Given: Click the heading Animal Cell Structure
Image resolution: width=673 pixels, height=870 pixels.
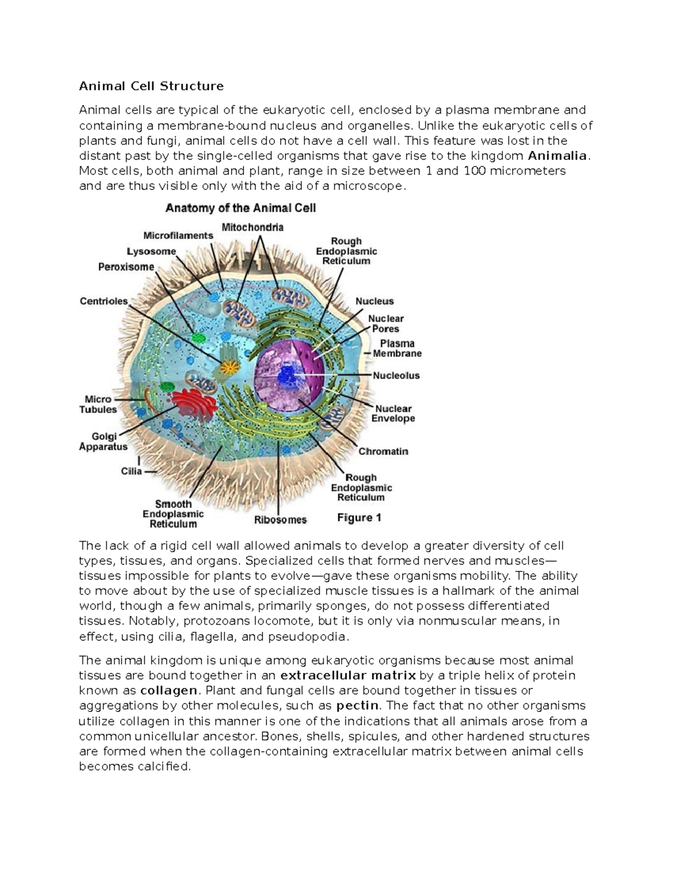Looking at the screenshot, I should pyautogui.click(x=151, y=86).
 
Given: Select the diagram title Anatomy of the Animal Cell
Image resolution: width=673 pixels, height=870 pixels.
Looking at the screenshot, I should pyautogui.click(x=240, y=208).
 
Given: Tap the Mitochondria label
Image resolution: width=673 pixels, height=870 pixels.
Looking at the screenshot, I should pyautogui.click(x=252, y=227).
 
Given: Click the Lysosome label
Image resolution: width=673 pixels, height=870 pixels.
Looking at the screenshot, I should pyautogui.click(x=151, y=252).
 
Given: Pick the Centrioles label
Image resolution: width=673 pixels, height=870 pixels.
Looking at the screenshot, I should pyautogui.click(x=104, y=301).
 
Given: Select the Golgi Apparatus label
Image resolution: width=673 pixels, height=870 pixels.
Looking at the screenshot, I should pyautogui.click(x=103, y=441).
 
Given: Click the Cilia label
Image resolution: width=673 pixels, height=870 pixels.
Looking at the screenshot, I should pyautogui.click(x=131, y=472).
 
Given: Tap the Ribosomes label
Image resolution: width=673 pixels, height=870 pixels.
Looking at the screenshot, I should pyautogui.click(x=280, y=520).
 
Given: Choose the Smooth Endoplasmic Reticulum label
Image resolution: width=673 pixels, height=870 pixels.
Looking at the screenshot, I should pyautogui.click(x=173, y=514).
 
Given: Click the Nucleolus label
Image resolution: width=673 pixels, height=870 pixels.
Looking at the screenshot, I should pyautogui.click(x=396, y=375).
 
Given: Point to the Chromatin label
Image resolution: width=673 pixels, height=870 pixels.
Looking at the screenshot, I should pyautogui.click(x=383, y=452).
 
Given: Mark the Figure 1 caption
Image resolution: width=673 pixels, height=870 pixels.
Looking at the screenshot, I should pyautogui.click(x=359, y=518).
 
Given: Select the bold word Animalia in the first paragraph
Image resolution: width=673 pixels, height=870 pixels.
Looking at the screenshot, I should pyautogui.click(x=557, y=156).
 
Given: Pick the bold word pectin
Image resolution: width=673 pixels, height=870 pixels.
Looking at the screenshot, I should pyautogui.click(x=357, y=705).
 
